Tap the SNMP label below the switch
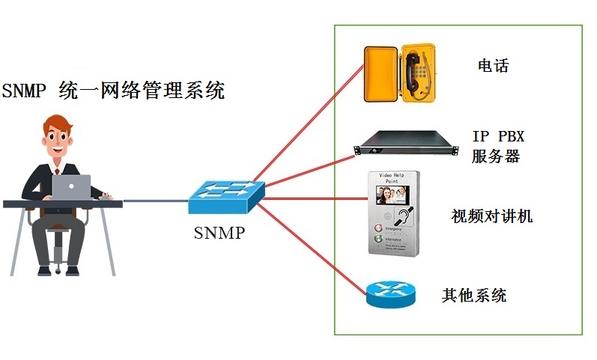click(219, 233)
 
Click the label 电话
click(493, 66)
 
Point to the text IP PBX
click(498, 137)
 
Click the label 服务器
click(496, 156)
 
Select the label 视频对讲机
click(492, 216)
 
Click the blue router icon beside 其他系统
click(391, 294)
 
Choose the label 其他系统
click(474, 295)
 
